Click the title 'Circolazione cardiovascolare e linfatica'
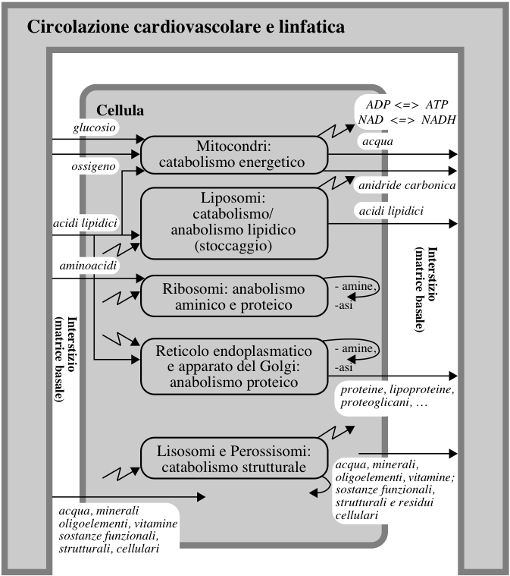(x=186, y=27)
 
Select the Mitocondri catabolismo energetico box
(x=234, y=155)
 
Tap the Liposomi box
(x=234, y=223)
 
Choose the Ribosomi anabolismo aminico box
(x=234, y=296)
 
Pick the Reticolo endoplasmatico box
(x=234, y=367)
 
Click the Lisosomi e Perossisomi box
(x=234, y=458)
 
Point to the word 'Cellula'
(x=120, y=110)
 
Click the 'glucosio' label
(x=94, y=127)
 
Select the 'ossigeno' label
(x=93, y=166)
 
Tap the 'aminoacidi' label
(x=88, y=265)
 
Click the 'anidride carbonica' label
(x=407, y=185)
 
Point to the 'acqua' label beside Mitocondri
(x=377, y=141)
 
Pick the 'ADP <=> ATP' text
(x=407, y=105)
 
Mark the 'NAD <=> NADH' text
(x=407, y=120)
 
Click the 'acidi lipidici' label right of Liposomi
(x=391, y=211)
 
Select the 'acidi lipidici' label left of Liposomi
(x=85, y=223)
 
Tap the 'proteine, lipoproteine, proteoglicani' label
(x=397, y=396)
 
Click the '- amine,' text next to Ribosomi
(x=355, y=286)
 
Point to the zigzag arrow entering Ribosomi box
(x=120, y=297)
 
